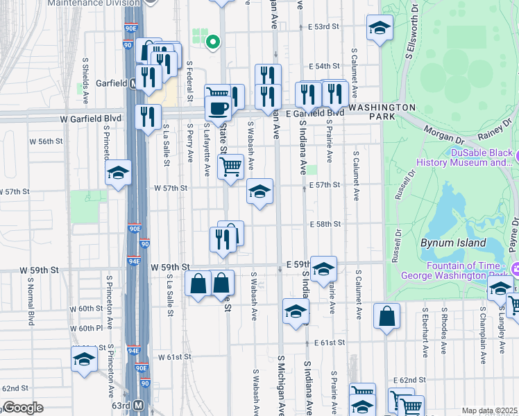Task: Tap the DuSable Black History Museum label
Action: point(463,157)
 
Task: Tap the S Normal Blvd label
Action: point(31,305)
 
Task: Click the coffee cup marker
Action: point(219,108)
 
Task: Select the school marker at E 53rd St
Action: point(379,28)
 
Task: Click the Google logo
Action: point(23,408)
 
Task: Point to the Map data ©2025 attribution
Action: point(488,410)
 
